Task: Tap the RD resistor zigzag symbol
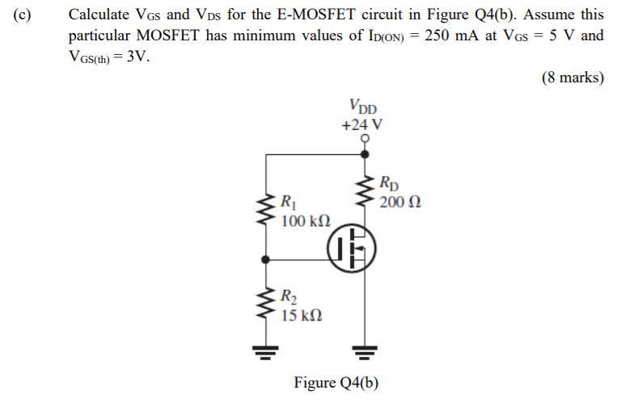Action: (x=365, y=191)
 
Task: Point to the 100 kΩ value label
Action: (x=306, y=220)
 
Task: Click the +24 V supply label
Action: (x=362, y=125)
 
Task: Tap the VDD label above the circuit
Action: (x=363, y=107)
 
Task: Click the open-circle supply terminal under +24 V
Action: (x=365, y=138)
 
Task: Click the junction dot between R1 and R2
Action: (x=266, y=260)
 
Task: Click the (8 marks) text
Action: (x=573, y=78)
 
